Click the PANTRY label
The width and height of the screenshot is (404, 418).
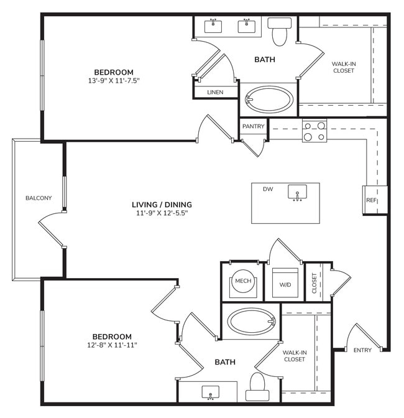(x=254, y=126)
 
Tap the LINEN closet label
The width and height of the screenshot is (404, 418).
(x=215, y=92)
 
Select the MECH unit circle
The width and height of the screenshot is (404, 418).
(x=242, y=281)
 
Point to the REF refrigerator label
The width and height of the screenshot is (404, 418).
(x=371, y=200)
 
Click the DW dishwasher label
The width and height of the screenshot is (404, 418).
(x=268, y=189)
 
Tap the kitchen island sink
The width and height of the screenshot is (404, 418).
(x=298, y=193)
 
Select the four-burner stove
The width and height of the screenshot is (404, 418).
(x=314, y=131)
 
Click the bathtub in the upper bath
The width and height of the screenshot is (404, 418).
(x=269, y=99)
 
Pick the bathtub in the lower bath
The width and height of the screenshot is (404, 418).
(x=250, y=321)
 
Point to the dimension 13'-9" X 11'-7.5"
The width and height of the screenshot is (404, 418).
(x=114, y=80)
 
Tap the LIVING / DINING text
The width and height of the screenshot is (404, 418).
(x=162, y=205)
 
